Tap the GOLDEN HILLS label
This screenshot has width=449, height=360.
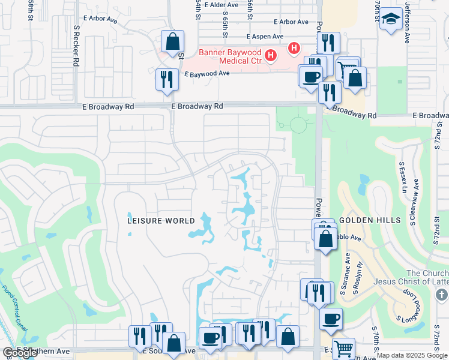370,220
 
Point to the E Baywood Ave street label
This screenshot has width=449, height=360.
207,73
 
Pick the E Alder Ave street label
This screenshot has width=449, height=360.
221,5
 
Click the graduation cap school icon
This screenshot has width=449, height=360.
391,20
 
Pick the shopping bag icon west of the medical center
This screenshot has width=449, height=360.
172,42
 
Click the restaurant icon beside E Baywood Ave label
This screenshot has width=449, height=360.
166,80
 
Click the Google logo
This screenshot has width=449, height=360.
20,353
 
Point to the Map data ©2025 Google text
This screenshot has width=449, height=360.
412,355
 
